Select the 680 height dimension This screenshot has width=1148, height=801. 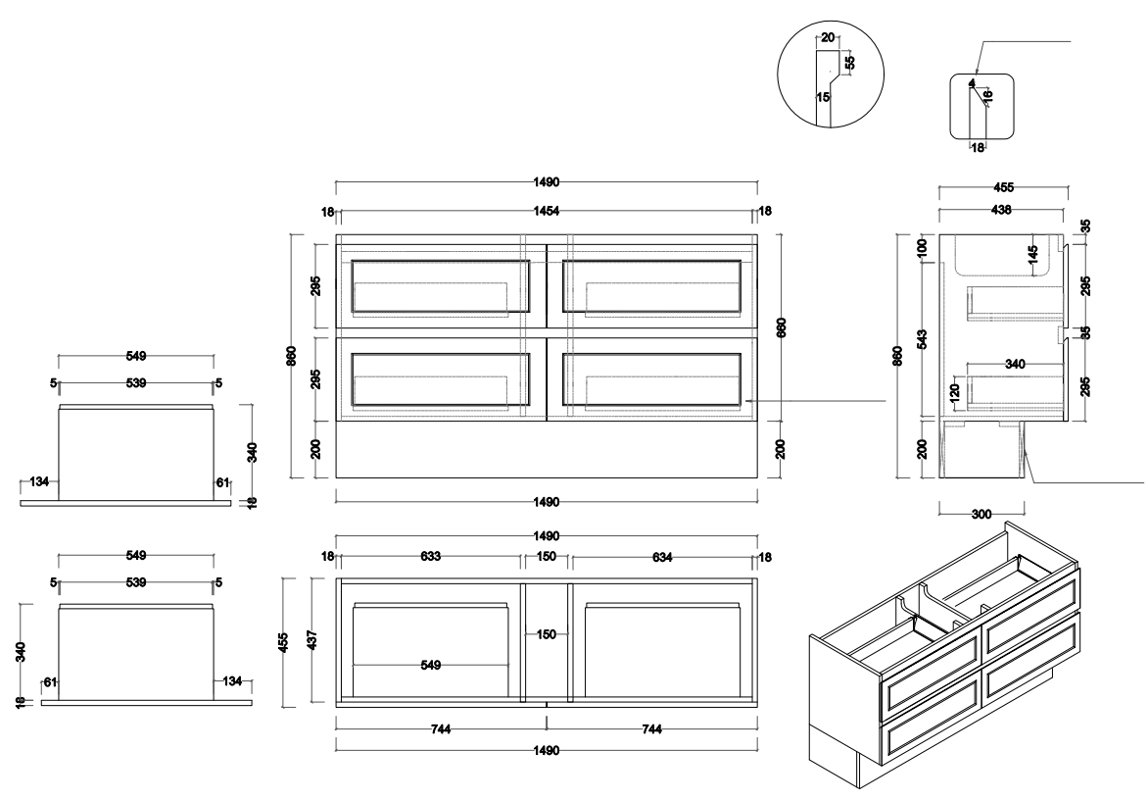tap(781, 326)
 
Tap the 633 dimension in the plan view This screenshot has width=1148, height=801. tap(430, 557)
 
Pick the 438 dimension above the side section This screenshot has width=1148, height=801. tap(1001, 210)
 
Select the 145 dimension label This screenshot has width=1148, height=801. tap(1031, 254)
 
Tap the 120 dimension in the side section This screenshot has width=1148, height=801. tap(955, 394)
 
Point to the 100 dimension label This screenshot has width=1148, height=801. tap(922, 248)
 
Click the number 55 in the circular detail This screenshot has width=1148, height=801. tap(850, 61)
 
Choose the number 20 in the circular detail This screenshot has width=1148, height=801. tap(828, 37)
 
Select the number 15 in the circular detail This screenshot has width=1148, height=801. tap(823, 97)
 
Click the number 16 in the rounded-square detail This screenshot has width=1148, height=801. tap(988, 95)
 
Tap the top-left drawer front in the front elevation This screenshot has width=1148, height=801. tap(440, 286)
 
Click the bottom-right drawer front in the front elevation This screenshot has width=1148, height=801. tap(651, 378)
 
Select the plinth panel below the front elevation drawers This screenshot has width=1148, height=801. tap(546, 449)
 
